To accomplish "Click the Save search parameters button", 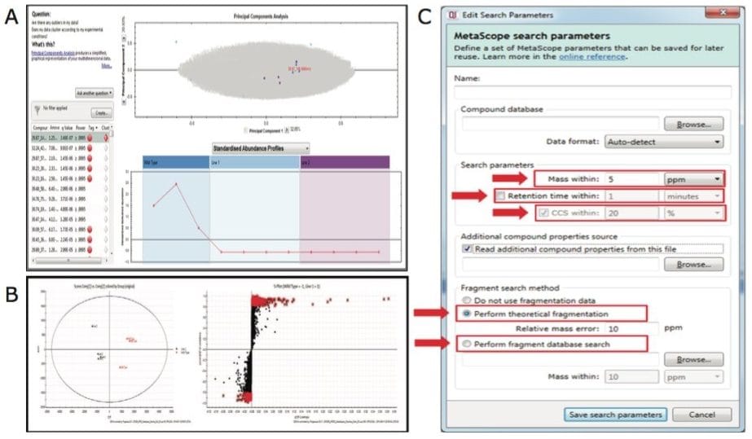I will (x=614, y=414).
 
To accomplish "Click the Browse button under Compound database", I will (x=693, y=124).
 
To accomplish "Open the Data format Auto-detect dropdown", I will (x=664, y=142).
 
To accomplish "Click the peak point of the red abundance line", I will (x=176, y=184).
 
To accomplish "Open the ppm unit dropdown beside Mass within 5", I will (x=693, y=178).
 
